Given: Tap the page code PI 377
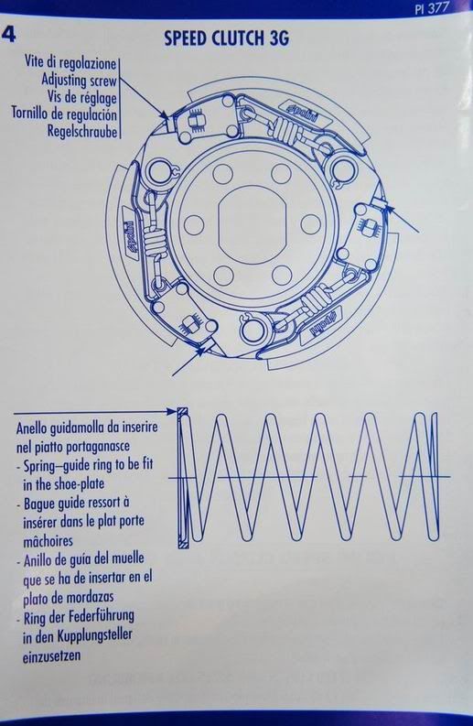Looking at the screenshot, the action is (432, 8).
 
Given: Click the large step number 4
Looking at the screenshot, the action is (9, 34).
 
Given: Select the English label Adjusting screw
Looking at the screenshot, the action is (80, 80).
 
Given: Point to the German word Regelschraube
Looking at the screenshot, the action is (82, 132).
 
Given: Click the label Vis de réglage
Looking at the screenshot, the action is (82, 97).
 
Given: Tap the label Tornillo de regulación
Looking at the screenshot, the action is (64, 114).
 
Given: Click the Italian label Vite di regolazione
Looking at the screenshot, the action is (70, 62).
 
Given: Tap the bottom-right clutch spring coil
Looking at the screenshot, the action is (314, 302).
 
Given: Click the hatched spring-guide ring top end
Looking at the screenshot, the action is (183, 412).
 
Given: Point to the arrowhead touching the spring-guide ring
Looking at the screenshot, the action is (172, 411).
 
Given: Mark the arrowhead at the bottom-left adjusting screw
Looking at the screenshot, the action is (199, 352).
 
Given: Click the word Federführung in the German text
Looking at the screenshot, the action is (102, 617).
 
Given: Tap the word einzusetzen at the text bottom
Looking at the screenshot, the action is (51, 656).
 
